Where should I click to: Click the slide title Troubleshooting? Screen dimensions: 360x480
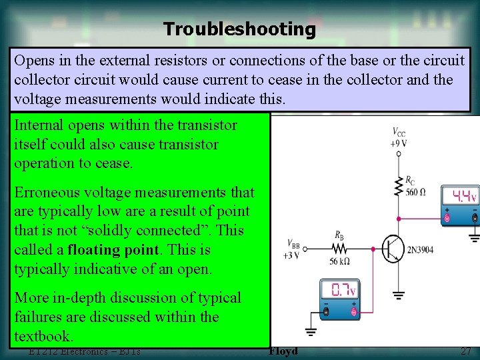(239, 29)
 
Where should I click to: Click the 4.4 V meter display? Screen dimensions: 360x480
(465, 196)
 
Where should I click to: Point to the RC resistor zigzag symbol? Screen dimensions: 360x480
(399, 186)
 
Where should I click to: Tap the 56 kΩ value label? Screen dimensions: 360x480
(339, 261)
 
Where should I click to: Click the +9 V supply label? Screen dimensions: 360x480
(399, 143)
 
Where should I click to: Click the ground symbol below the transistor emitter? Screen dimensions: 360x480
(399, 294)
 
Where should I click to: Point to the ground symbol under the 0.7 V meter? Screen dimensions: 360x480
(311, 331)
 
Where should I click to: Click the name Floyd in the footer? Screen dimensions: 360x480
(283, 351)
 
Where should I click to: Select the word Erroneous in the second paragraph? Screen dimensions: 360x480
(45, 192)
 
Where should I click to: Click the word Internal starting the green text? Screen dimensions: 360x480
(39, 125)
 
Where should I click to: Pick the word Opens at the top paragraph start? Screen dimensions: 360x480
(34, 61)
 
